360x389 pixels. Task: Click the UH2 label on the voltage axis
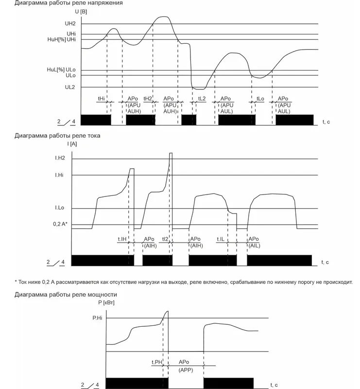71,24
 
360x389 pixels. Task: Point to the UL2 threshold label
71,88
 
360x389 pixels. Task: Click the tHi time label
101,99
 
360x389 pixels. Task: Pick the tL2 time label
202,99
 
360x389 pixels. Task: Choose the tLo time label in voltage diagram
260,99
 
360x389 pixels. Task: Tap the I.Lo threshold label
60,209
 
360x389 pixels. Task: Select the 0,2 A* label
60,225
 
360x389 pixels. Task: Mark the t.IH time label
122,239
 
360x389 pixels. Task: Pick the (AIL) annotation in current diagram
254,246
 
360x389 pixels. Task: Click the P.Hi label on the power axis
97,318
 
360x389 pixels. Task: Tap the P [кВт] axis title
106,303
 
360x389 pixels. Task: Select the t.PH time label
156,362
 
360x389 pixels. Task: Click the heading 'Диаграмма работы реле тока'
57,136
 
